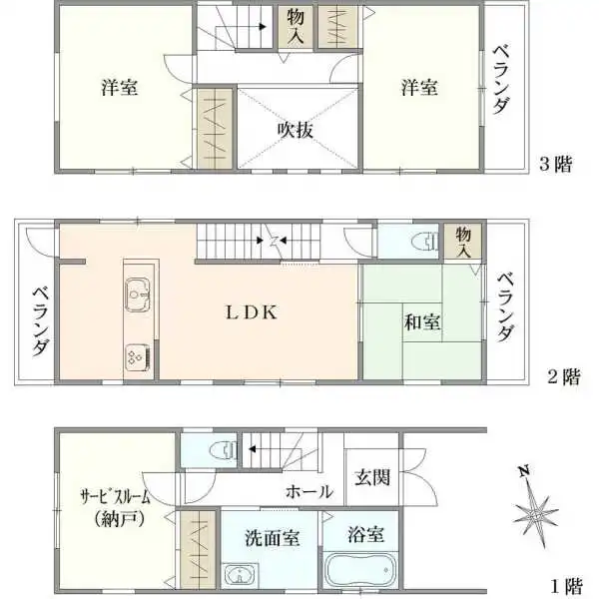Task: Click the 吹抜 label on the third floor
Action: [x=297, y=129]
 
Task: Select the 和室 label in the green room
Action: [x=424, y=322]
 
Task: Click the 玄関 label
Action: [x=371, y=476]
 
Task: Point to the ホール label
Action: [x=309, y=491]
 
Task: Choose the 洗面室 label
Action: [x=273, y=537]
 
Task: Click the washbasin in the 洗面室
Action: [x=239, y=576]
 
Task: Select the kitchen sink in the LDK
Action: [x=137, y=296]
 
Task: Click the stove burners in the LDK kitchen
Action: [x=136, y=355]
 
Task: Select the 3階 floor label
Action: [x=555, y=165]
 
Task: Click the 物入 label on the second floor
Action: [x=463, y=242]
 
